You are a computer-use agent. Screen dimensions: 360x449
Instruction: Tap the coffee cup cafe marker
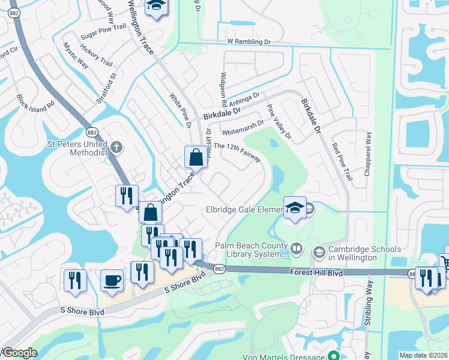[111, 281]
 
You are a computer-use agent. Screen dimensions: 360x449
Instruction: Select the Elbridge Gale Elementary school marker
[295, 208]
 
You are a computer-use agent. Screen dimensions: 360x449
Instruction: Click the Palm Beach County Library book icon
[297, 248]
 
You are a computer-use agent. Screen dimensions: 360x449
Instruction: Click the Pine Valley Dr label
[279, 122]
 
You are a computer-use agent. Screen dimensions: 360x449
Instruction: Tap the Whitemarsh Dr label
[243, 127]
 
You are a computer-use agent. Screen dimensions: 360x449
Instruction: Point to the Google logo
[19, 352]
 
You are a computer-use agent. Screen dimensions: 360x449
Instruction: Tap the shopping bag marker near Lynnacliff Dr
[196, 158]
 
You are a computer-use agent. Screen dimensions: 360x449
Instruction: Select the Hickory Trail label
[97, 58]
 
